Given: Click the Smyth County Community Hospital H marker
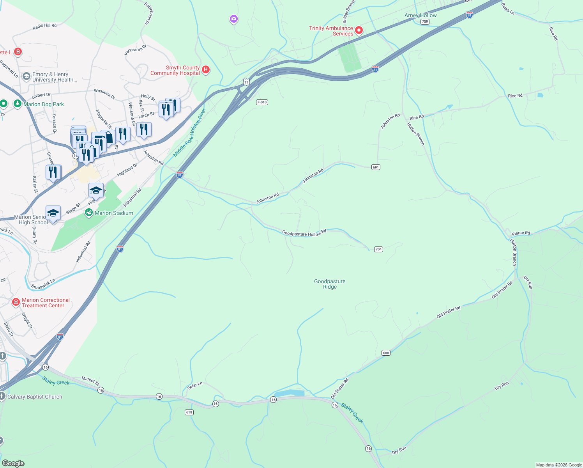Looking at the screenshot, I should (x=206, y=70).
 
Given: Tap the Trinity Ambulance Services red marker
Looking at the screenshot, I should (x=359, y=30).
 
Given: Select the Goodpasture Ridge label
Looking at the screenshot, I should (x=330, y=284).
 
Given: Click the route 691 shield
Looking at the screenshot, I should (x=376, y=167).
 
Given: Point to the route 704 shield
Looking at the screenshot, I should (x=378, y=249).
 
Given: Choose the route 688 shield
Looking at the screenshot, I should (x=386, y=353).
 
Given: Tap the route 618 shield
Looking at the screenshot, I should (x=189, y=412).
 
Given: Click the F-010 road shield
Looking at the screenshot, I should (x=262, y=102).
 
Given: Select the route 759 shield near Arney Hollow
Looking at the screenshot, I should (x=425, y=22).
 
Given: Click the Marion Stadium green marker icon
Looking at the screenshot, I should (x=89, y=213).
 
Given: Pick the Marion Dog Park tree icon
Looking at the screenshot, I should (x=17, y=104).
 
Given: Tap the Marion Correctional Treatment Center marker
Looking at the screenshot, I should (x=16, y=302).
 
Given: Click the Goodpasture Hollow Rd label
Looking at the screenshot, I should (x=304, y=233).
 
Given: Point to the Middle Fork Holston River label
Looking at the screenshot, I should (x=189, y=133).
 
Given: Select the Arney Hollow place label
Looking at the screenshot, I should (x=420, y=15).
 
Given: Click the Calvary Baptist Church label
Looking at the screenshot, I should (x=35, y=397).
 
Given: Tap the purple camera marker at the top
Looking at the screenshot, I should (x=234, y=19).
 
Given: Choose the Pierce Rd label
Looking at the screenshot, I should (x=521, y=233).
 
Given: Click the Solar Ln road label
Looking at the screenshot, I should (x=195, y=386).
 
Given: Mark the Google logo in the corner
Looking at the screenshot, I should (x=13, y=463).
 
